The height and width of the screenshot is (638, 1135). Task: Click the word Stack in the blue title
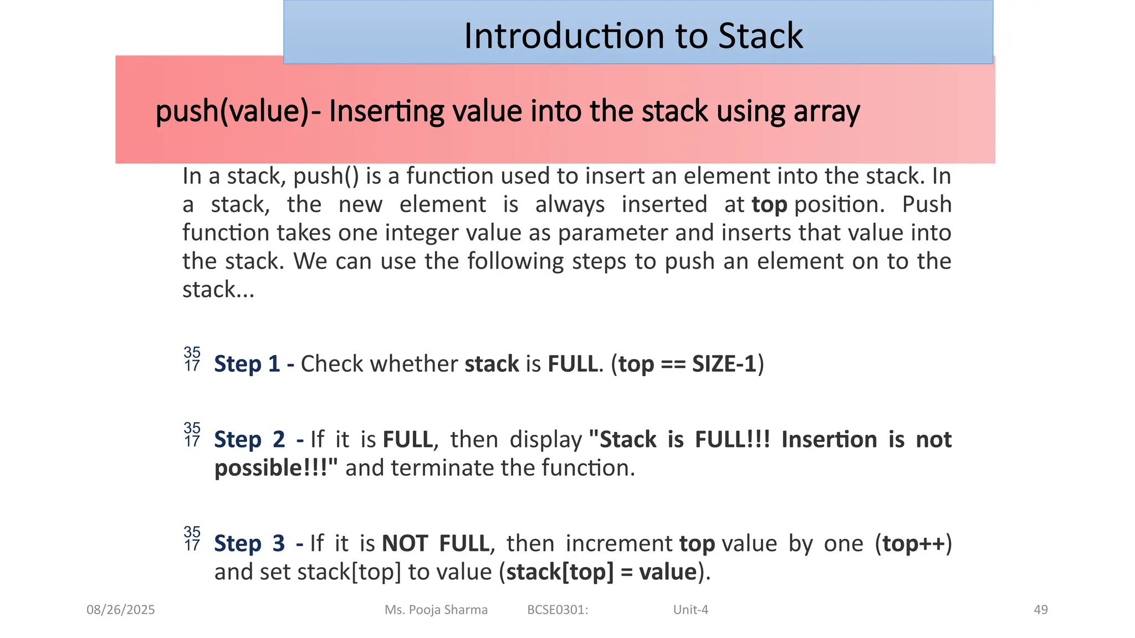(760, 36)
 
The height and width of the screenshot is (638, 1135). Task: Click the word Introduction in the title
(563, 36)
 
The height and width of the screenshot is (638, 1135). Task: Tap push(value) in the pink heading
(232, 111)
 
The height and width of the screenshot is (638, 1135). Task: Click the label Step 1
(247, 364)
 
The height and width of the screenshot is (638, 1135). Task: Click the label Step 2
(249, 440)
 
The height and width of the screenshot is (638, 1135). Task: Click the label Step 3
(249, 543)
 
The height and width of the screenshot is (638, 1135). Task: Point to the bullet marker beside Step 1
(192, 359)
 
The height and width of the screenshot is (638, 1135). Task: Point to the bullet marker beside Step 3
(192, 539)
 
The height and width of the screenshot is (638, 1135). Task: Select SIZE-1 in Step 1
(724, 364)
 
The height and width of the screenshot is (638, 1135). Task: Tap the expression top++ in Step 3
(914, 543)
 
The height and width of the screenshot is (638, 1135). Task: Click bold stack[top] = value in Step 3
(601, 572)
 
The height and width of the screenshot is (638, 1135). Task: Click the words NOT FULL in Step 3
(436, 543)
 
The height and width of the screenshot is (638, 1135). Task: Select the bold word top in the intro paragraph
(769, 204)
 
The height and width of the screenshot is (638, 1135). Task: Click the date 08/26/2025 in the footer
(121, 610)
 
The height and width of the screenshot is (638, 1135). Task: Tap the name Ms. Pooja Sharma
(436, 610)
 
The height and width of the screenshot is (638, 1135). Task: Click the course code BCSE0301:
(558, 610)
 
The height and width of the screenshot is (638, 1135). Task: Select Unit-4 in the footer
(691, 610)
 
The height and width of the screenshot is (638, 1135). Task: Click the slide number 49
(1041, 610)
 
